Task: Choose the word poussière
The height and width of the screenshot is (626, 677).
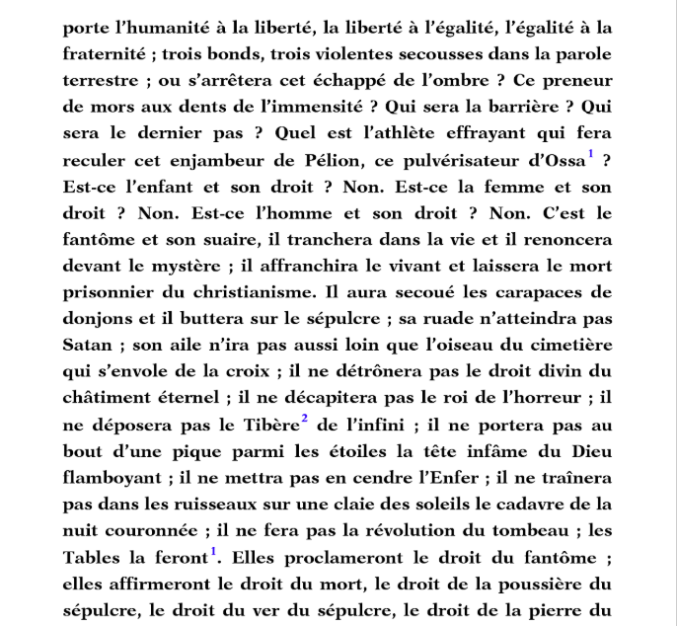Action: click(556, 587)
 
